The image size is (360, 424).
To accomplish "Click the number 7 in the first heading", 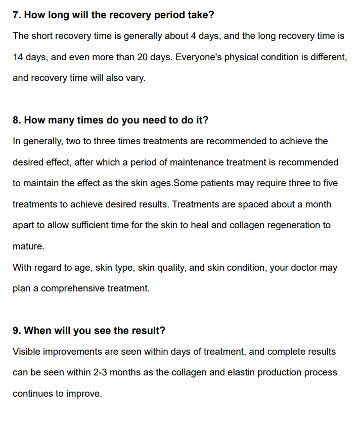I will tap(16, 15).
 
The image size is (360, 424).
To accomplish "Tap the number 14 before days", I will tap(18, 57).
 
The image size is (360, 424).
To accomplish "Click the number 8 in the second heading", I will tap(16, 120).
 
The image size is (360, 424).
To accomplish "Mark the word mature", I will tap(28, 246).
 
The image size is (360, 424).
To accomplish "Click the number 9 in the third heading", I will tap(16, 330).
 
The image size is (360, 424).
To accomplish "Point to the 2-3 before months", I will tap(100, 372).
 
